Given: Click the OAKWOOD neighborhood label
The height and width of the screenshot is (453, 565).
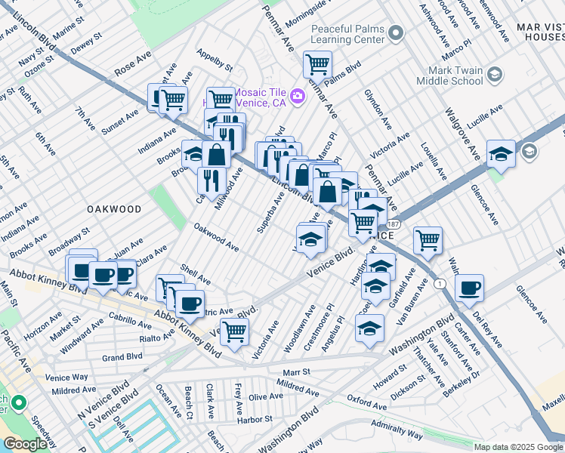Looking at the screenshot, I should pos(113,208).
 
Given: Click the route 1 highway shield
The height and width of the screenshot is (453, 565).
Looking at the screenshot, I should pos(439,283).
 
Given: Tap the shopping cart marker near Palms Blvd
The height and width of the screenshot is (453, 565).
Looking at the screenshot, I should pos(317,64).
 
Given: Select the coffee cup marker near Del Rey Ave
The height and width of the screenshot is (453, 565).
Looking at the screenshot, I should pos(469,287).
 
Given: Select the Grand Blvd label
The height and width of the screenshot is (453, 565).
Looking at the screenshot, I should pos(122,356).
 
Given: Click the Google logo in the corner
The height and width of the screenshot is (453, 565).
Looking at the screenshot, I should pos(26,443).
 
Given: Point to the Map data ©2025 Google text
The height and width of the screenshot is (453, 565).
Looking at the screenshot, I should pos(518,447).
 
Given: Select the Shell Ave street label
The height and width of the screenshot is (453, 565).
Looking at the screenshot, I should pos(195,275).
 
